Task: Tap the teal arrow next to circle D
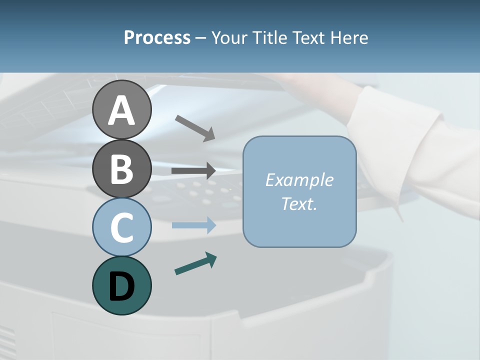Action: (x=195, y=264)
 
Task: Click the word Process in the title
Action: (x=157, y=38)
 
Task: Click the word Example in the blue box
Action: (x=299, y=180)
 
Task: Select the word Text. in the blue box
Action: (x=299, y=203)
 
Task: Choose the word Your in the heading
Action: (x=230, y=38)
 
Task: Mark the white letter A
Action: (x=121, y=111)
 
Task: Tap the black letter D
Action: (x=121, y=286)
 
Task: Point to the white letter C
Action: (x=121, y=227)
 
